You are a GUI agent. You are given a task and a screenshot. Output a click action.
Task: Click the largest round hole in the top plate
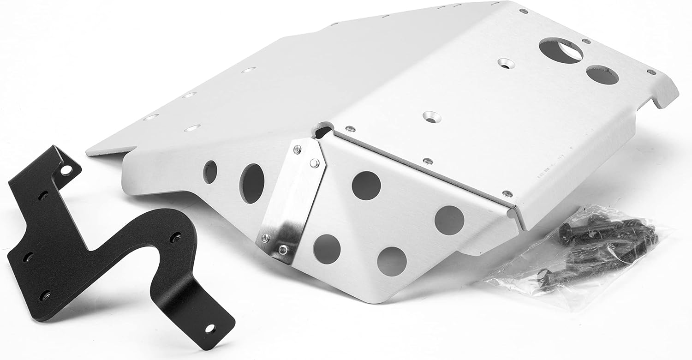coord(560,52)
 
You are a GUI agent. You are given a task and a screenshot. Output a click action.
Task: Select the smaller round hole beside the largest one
coord(602,75)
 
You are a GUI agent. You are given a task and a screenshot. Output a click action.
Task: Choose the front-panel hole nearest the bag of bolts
coord(449,219)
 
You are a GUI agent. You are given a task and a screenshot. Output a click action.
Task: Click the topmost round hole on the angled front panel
coord(366,185)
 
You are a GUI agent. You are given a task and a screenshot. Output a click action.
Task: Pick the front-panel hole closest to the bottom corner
coord(392,261)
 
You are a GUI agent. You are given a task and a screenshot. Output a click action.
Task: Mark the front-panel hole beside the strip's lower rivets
coord(327,246)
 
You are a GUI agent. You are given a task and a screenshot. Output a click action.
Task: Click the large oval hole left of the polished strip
coord(252,183)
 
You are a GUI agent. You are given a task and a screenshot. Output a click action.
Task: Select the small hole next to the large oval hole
coord(210,172)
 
